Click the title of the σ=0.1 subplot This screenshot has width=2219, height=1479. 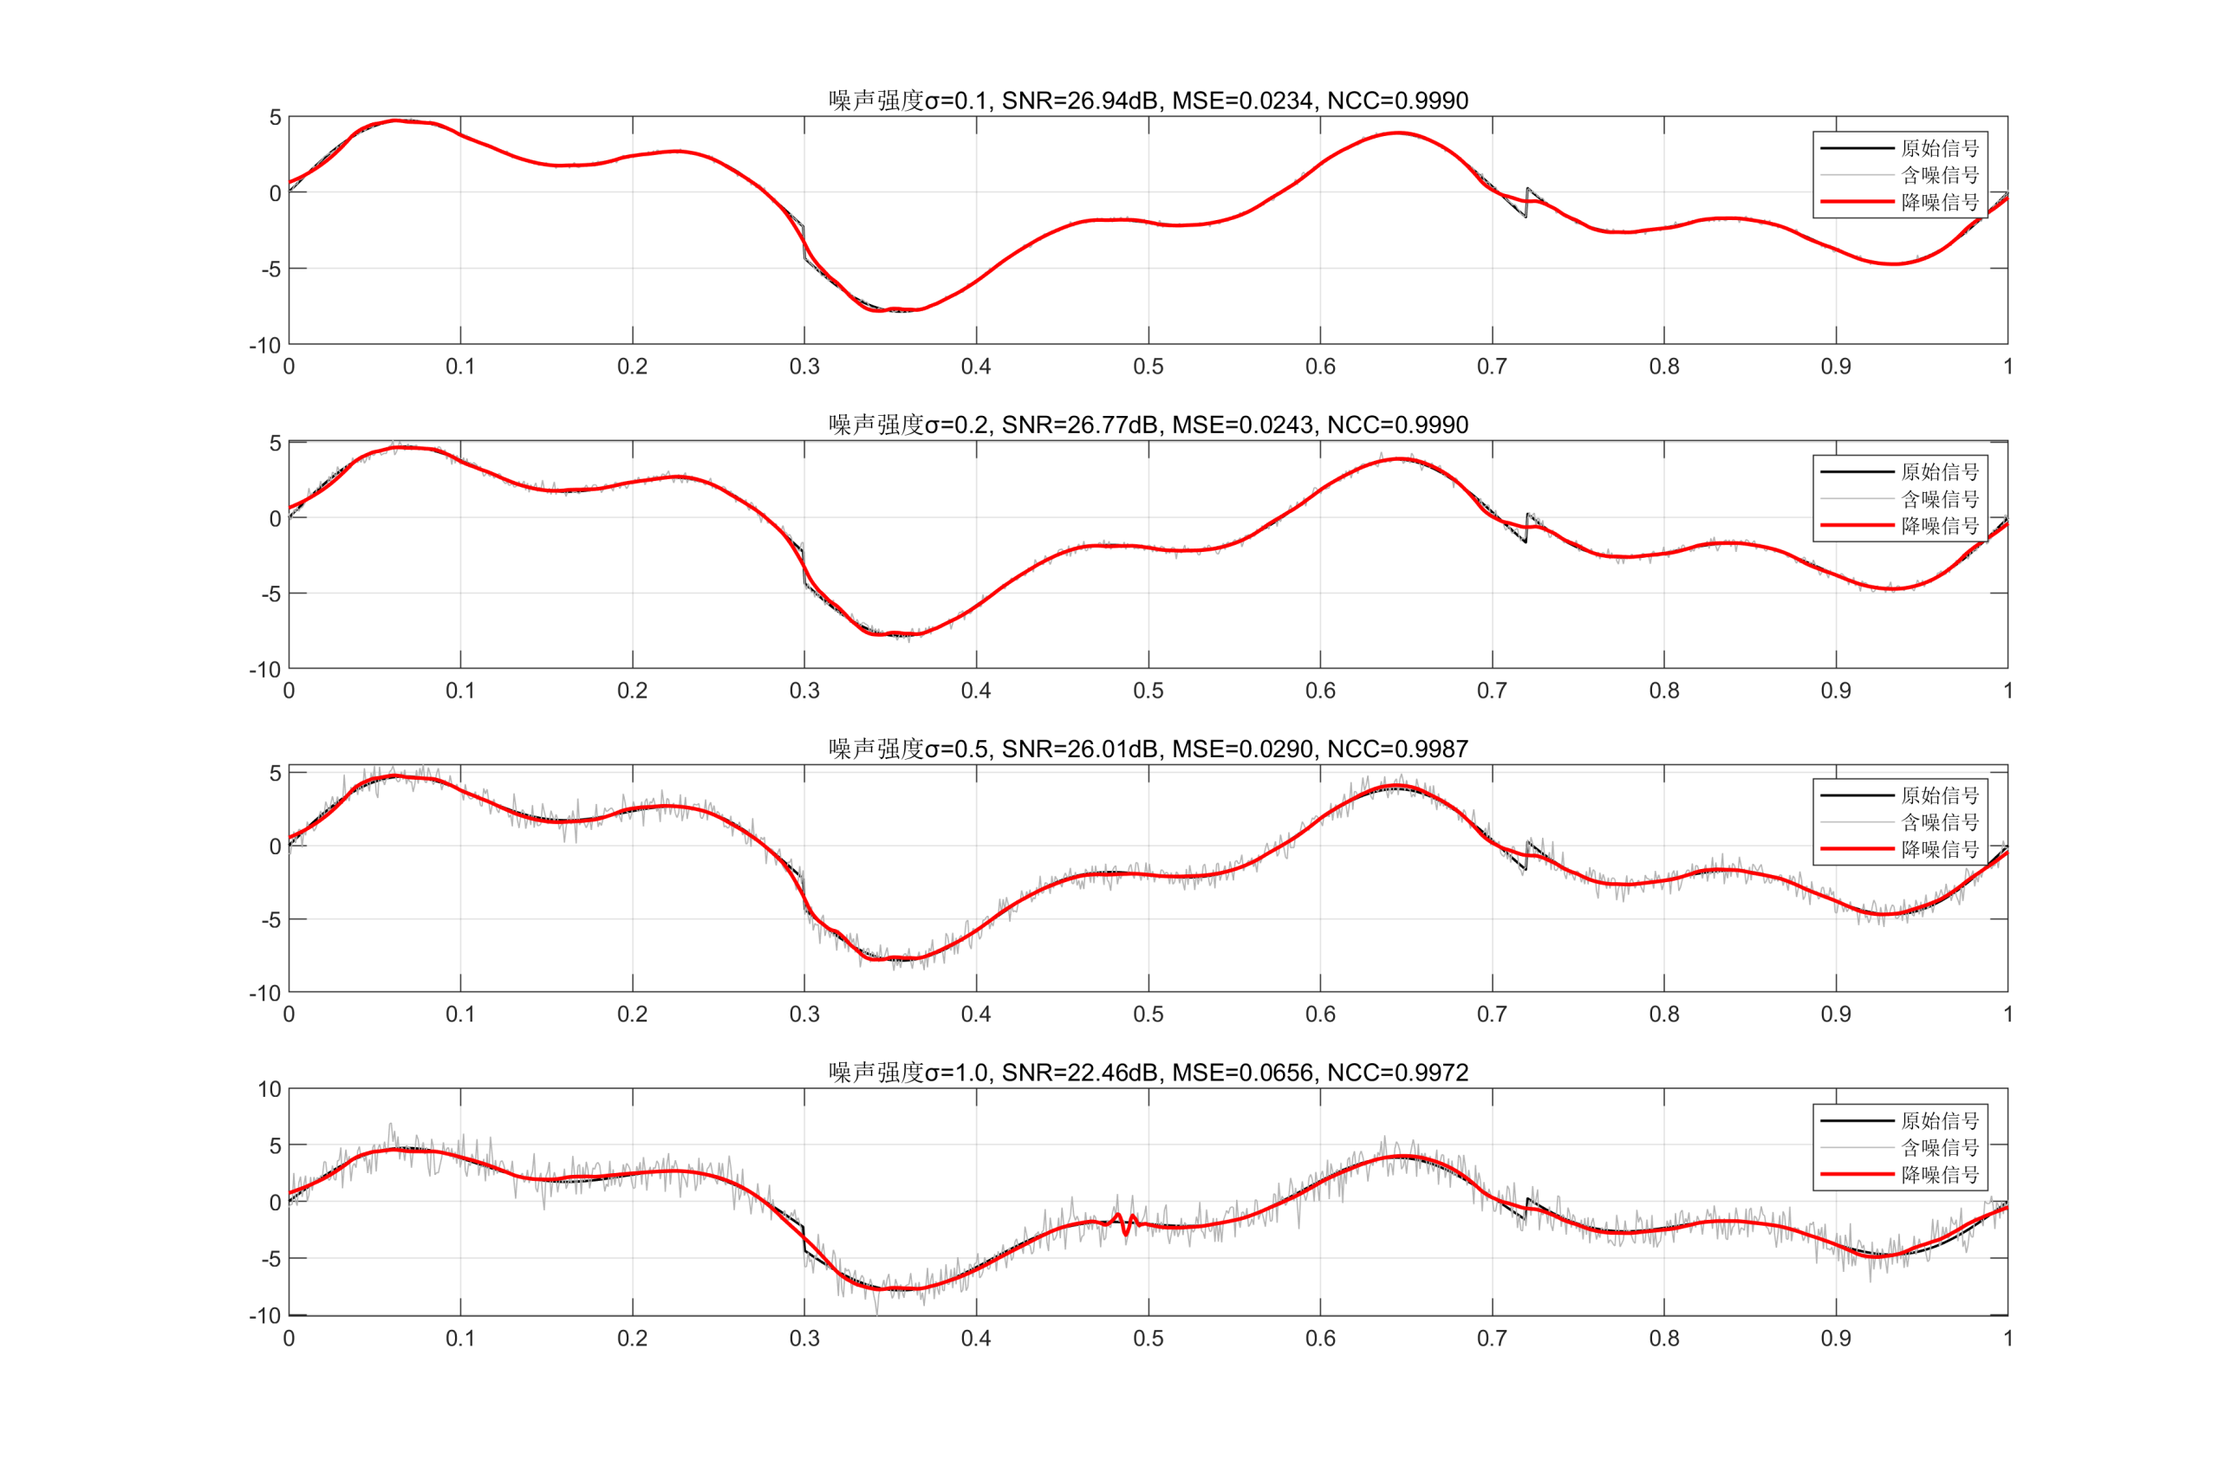pos(1149,100)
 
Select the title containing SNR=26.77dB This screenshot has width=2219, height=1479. pos(1149,425)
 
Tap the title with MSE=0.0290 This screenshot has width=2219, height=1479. pos(1149,749)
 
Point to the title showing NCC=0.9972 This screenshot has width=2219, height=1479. pos(1149,1073)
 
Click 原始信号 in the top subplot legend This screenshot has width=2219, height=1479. pos(1939,148)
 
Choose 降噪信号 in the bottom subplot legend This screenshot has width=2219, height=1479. pos(1939,1175)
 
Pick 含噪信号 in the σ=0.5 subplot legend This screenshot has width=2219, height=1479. pos(1939,822)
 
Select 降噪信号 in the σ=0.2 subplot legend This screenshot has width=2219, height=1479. pos(1939,526)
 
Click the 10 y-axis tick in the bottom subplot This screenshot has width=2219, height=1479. pos(270,1089)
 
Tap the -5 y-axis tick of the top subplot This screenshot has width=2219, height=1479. pos(271,269)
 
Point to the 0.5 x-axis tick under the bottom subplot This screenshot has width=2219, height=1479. pos(1149,1339)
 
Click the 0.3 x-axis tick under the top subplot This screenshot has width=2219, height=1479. pos(804,366)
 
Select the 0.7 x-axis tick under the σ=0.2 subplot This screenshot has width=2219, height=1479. pos(1492,691)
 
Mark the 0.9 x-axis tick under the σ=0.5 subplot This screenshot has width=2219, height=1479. pos(1836,1014)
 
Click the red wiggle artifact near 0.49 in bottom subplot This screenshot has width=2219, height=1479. pos(1124,1224)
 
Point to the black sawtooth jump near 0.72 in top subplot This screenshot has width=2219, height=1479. pos(1526,203)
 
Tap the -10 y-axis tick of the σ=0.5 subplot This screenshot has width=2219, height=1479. pos(266,992)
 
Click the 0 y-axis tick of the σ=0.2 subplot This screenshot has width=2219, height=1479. pos(276,518)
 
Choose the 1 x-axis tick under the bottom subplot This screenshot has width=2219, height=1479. pos(2008,1339)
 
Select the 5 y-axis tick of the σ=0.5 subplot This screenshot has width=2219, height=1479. pos(276,774)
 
